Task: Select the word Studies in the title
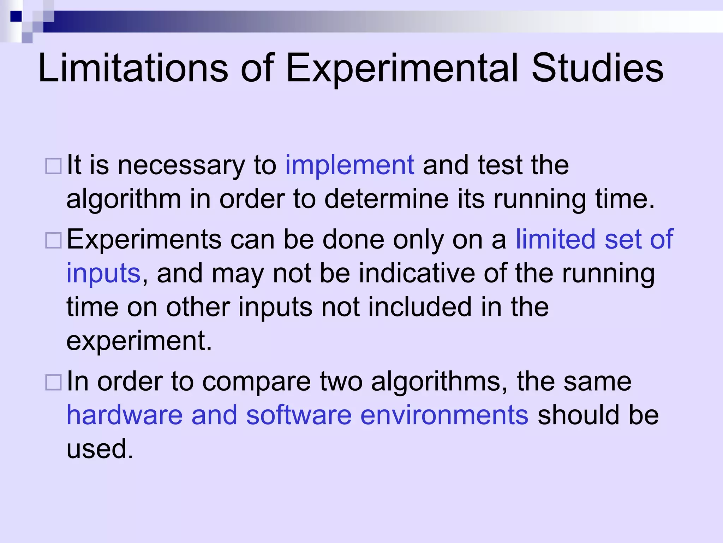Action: [x=597, y=68]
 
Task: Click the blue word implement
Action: [x=349, y=165]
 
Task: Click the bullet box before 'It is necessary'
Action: [x=54, y=166]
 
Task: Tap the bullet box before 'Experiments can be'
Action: [x=54, y=240]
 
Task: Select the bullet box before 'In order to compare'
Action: [x=54, y=382]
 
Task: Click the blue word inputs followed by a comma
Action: [x=103, y=274]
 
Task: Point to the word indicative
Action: [x=417, y=273]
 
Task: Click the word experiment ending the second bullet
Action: [x=139, y=341]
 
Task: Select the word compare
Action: [x=257, y=382]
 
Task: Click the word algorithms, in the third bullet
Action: [x=439, y=382]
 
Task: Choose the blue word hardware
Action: [x=125, y=415]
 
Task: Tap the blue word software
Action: [x=299, y=415]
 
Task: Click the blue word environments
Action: [x=444, y=415]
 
